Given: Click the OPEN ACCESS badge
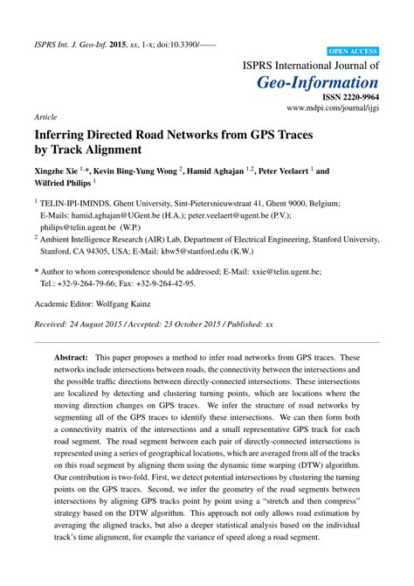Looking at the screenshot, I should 352,52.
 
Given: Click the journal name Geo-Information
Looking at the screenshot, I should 319,83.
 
